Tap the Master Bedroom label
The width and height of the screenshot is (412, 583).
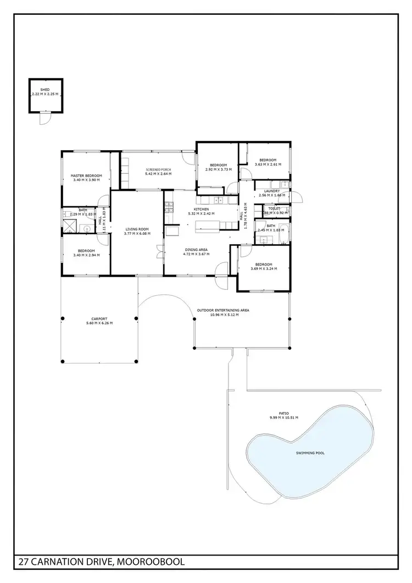coord(86,176)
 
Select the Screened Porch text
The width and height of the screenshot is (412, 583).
coord(158,169)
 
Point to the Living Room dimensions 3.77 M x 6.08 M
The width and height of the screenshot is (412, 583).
coord(137,233)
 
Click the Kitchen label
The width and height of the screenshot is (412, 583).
coord(201,209)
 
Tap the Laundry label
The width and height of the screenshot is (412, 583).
coord(272,191)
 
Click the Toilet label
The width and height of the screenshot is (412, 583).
coord(274,208)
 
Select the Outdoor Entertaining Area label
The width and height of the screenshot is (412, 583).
coord(223,310)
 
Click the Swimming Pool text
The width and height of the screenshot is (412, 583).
coord(310,453)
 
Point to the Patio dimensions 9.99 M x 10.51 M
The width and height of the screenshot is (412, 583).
coord(283,418)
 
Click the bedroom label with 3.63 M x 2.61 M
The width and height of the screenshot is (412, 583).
coord(268,160)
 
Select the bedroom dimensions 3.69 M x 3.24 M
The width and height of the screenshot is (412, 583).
coord(264,269)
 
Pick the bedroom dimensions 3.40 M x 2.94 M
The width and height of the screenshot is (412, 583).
coord(86,255)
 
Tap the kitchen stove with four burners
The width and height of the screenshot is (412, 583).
coord(169,208)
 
